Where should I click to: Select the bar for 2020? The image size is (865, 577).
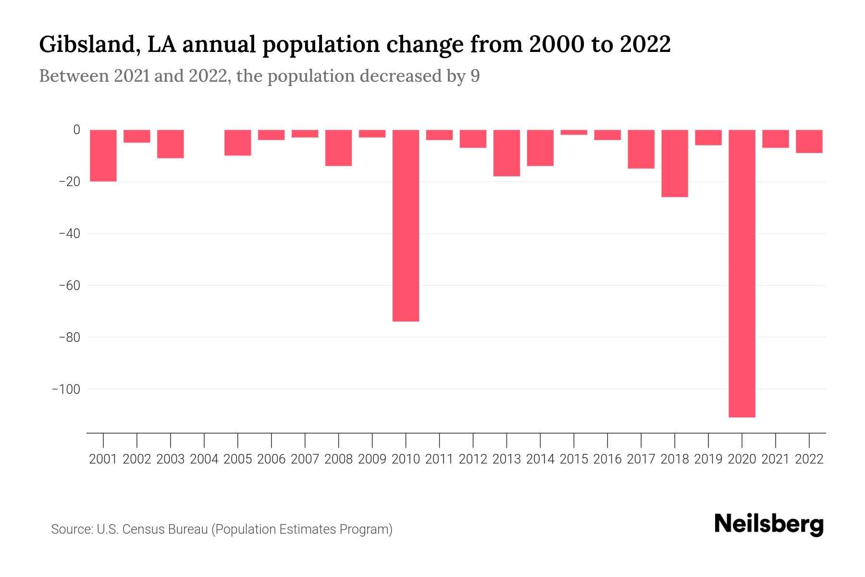[x=741, y=273]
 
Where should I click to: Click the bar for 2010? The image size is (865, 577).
[x=406, y=225]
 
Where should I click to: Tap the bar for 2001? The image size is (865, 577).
[x=103, y=155]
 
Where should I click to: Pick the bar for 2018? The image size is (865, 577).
[x=674, y=163]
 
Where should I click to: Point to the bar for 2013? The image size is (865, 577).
[x=507, y=153]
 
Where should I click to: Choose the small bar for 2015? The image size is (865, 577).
[x=574, y=132]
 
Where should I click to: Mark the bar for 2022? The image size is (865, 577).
[x=809, y=141]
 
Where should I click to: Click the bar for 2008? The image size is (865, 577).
[x=338, y=148]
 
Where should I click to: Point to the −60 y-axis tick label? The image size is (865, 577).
[x=69, y=286]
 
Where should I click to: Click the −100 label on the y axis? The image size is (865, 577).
[x=66, y=389]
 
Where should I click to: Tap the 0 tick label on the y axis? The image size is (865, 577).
[x=76, y=130]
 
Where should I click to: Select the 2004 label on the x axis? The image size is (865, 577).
[x=204, y=459]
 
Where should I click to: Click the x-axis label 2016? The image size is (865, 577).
[x=607, y=459]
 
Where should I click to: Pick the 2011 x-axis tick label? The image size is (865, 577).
[x=439, y=459]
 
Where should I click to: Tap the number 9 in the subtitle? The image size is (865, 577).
[x=475, y=76]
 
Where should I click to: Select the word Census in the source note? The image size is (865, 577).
[x=143, y=529]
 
